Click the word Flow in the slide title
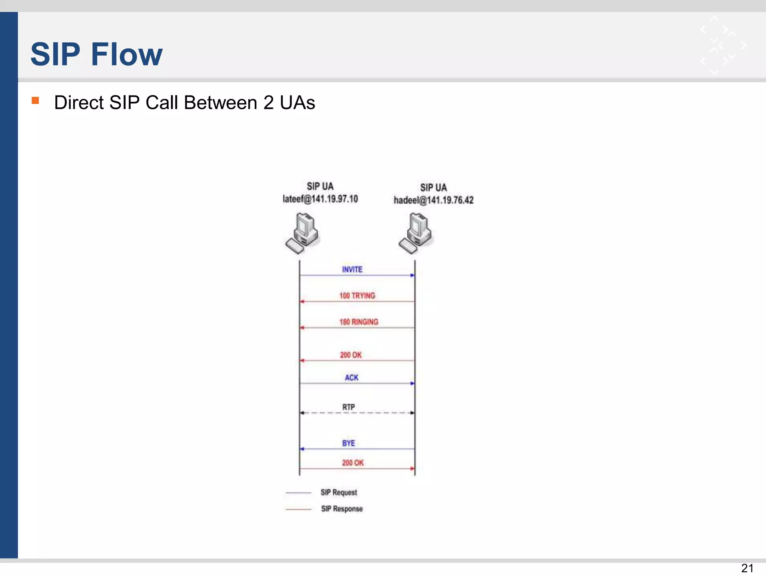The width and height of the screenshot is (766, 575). coord(127,54)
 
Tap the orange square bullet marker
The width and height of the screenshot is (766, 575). coord(36,100)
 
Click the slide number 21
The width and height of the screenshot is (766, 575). coord(747,568)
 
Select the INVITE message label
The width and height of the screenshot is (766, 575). coord(352,270)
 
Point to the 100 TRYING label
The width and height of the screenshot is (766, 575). coord(357,296)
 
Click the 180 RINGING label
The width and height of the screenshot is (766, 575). coord(359,322)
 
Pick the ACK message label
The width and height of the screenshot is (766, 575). coord(351,378)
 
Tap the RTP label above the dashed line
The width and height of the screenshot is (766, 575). coord(348,407)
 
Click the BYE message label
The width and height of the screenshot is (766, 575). coord(348,443)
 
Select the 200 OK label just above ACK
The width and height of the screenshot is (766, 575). coord(350,355)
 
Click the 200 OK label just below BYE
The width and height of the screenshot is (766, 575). coord(352,463)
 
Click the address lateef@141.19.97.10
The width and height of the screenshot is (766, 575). coord(320,199)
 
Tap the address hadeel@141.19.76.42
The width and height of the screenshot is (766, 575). coord(433,200)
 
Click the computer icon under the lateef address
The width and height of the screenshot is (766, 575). coord(302,233)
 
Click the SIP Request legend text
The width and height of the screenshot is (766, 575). coord(338,492)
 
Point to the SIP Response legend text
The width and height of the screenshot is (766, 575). coord(341,509)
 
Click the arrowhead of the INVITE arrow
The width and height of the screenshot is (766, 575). coord(412,276)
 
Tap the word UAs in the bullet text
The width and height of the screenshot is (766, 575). coord(297,103)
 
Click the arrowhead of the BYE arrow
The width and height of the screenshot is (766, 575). coord(302,449)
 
